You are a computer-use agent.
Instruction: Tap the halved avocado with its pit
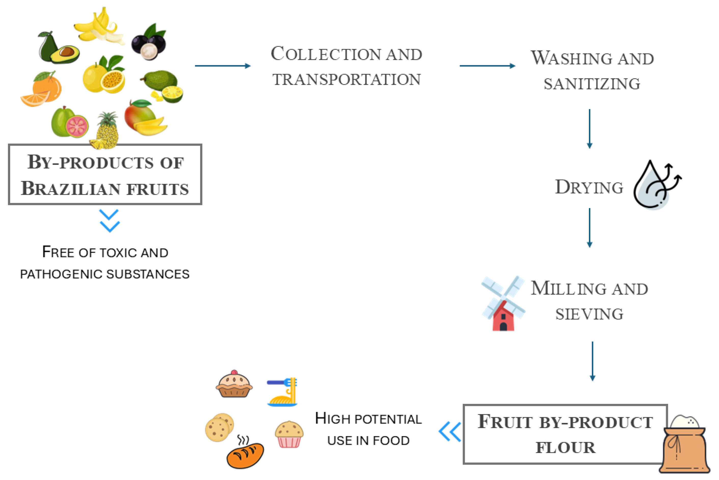(x=65, y=54)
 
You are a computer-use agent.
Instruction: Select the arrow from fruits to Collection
(x=223, y=66)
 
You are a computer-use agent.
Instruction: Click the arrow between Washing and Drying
(x=590, y=129)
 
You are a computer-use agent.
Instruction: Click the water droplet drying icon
(x=655, y=186)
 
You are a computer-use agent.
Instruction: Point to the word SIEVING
(x=589, y=314)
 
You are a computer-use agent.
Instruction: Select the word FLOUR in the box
(x=566, y=448)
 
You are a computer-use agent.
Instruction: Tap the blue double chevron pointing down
(x=109, y=221)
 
